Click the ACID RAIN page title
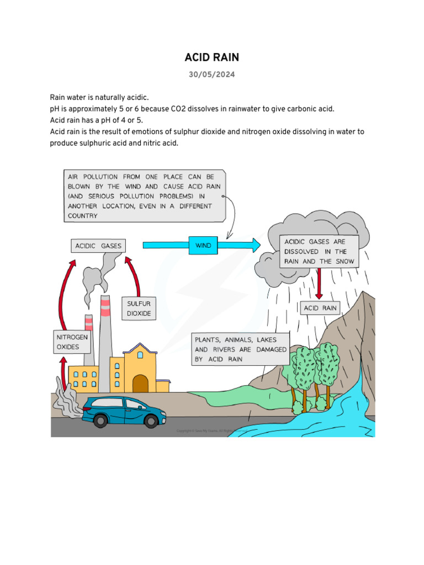(212, 58)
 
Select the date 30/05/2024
(212, 75)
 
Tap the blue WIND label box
(203, 245)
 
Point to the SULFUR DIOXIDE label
(139, 308)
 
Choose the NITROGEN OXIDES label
(72, 342)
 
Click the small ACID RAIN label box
(320, 308)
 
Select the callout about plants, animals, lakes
(240, 349)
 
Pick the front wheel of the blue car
(150, 420)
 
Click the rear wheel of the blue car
(100, 420)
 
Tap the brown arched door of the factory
(140, 383)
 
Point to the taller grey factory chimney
(105, 337)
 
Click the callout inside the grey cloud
(319, 251)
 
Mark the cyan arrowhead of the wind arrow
(253, 245)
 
